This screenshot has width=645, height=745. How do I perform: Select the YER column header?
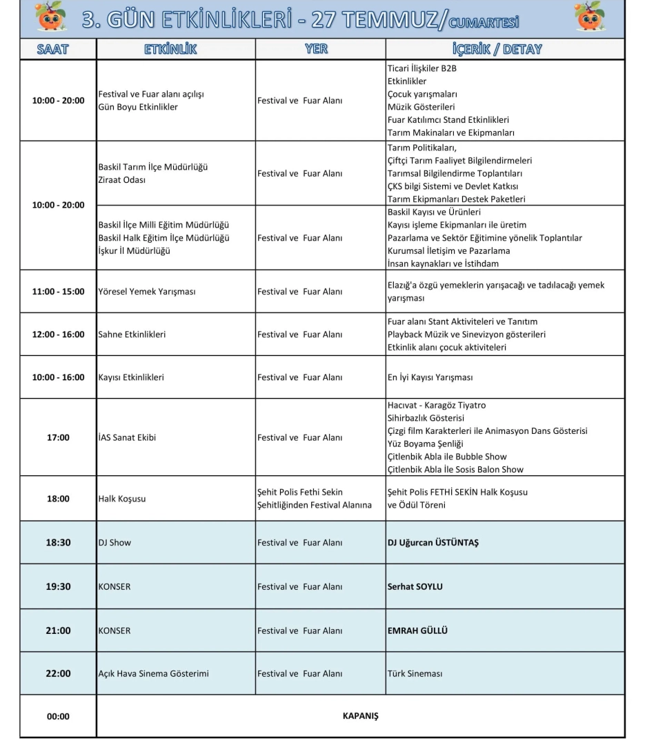tap(316, 49)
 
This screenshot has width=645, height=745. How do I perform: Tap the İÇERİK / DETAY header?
tap(497, 49)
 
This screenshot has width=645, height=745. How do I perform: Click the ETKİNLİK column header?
tap(170, 49)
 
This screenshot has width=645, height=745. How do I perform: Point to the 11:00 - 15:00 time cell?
tap(58, 292)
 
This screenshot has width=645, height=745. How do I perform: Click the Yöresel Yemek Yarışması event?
tap(147, 292)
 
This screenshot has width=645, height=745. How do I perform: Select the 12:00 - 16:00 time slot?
tap(58, 335)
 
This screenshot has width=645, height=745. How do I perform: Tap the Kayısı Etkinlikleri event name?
tap(131, 377)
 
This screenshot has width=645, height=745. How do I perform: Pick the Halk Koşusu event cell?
tap(122, 499)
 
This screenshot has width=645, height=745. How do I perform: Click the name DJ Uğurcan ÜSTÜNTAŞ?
tap(433, 543)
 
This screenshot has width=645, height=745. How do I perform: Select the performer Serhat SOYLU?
tap(415, 587)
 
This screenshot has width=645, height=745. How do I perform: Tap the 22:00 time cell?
tap(58, 673)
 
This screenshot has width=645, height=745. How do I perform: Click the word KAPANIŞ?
tap(360, 715)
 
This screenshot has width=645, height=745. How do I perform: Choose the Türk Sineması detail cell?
tap(415, 673)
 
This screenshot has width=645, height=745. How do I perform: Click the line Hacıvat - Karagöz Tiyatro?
tap(437, 406)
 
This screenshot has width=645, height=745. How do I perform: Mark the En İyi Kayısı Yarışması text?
tap(430, 377)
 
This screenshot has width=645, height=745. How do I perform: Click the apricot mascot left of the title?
tap(50, 18)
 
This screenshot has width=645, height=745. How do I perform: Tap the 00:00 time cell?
tap(58, 717)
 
